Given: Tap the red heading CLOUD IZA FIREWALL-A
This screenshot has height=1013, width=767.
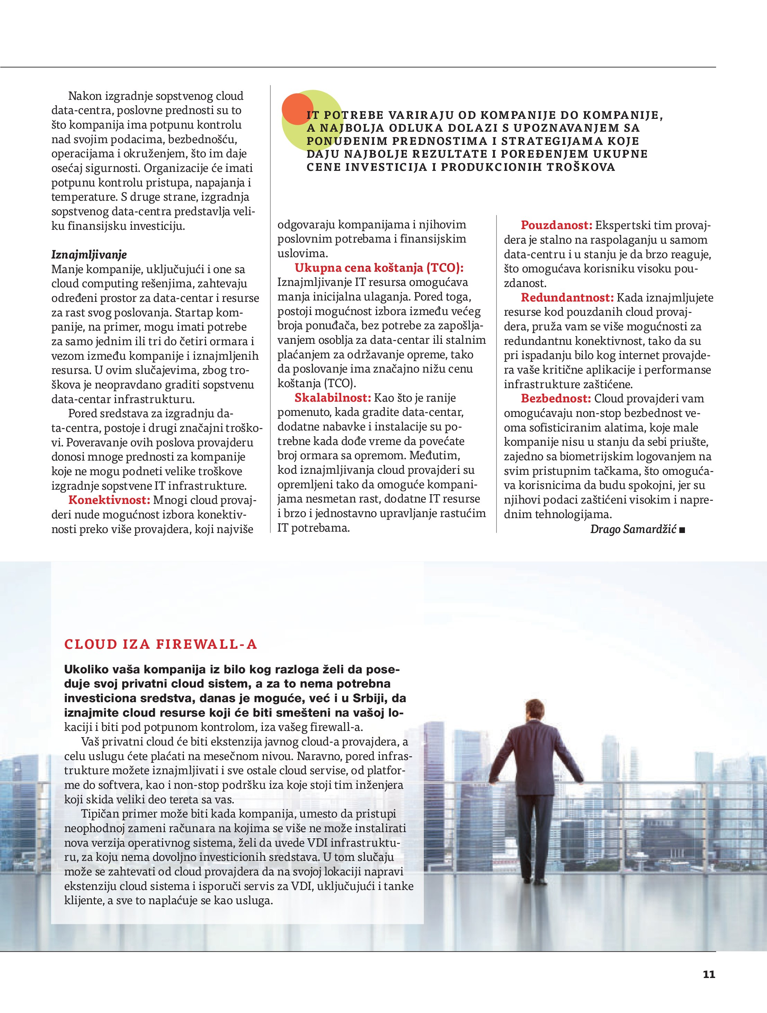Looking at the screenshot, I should coord(161,644).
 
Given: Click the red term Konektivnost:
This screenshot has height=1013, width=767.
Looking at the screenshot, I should coord(109,500).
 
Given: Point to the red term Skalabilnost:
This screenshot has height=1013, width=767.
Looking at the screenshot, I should coord(333,398).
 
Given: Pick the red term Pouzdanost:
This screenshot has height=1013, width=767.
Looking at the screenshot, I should coord(556,225).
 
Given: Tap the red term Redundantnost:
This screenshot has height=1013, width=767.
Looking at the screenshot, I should coord(567,298).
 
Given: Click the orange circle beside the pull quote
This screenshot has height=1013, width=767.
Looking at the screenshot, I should coord(296,110).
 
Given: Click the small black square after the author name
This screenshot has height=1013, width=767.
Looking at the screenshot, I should coord(683,530).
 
